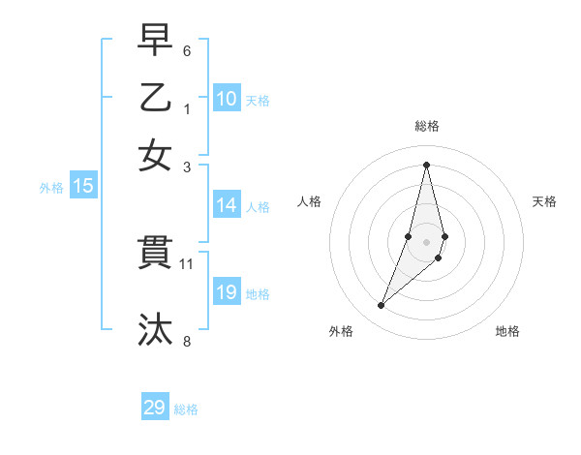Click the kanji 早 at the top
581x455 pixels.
coord(155,41)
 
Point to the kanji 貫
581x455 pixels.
coord(155,254)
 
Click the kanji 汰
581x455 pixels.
coord(155,329)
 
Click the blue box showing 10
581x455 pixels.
coord(227,98)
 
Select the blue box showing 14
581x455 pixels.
coord(227,205)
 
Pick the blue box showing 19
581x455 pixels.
coord(227,292)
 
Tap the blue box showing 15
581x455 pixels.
coord(83,187)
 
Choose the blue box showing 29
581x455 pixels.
coord(155,408)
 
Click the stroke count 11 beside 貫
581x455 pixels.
coord(187,263)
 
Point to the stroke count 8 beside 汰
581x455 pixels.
coord(187,340)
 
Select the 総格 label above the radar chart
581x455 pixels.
coord(427,126)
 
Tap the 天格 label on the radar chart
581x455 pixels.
coord(544,201)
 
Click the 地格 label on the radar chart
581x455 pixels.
coord(507,331)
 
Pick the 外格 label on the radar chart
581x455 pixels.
coord(341,331)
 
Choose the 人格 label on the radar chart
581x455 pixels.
coord(310,201)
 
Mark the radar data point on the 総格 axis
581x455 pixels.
coord(427,164)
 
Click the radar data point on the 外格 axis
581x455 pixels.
coord(381,306)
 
